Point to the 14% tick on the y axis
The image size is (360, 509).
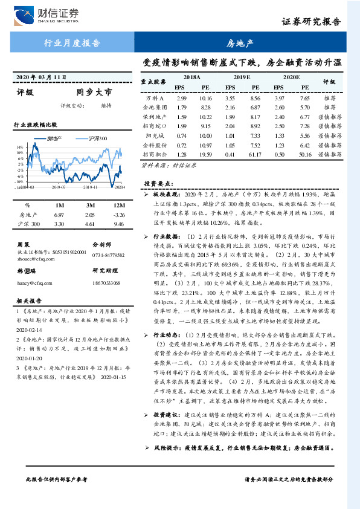pyautogui.click(x=21, y=147)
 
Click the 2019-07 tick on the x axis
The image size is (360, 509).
pyautogui.click(x=59, y=188)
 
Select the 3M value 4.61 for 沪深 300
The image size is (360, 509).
pyautogui.click(x=91, y=224)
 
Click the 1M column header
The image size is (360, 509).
pyautogui.click(x=59, y=205)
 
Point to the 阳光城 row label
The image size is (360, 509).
pyautogui.click(x=156, y=136)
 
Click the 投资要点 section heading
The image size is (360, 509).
pyautogui.click(x=158, y=183)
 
